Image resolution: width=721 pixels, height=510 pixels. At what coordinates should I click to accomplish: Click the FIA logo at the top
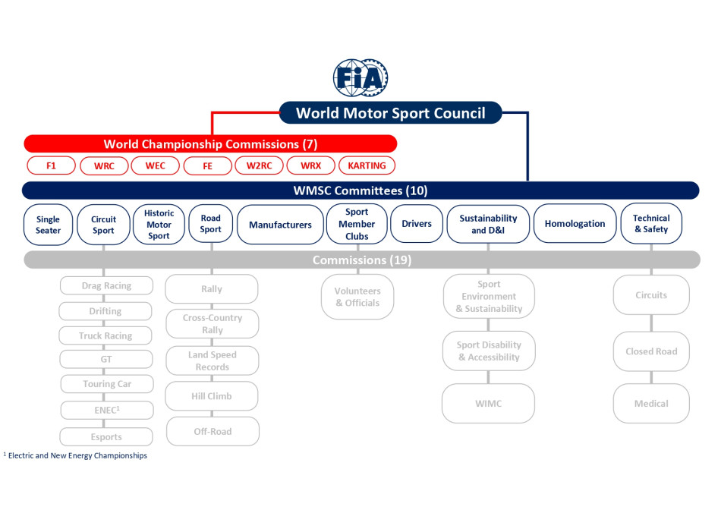pyautogui.click(x=361, y=77)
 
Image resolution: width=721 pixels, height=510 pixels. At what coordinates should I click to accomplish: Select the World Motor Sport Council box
pyautogui.click(x=390, y=113)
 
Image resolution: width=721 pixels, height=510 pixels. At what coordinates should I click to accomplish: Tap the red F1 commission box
pyautogui.click(x=51, y=165)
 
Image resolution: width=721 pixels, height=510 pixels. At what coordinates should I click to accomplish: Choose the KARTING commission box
pyautogui.click(x=367, y=165)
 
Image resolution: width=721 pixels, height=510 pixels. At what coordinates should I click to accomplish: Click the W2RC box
pyautogui.click(x=259, y=165)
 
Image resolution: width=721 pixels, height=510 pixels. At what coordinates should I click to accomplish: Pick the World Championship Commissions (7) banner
pyautogui.click(x=210, y=144)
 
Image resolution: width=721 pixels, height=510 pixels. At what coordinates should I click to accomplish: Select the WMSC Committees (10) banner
pyautogui.click(x=360, y=190)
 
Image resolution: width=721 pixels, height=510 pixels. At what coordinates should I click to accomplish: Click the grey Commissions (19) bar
pyautogui.click(x=360, y=260)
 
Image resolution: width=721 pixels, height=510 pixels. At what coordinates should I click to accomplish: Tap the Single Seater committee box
pyautogui.click(x=48, y=225)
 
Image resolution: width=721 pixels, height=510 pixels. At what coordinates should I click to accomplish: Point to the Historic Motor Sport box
pyautogui.click(x=159, y=225)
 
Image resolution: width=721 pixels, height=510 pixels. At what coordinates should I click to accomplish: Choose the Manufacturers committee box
pyautogui.click(x=280, y=225)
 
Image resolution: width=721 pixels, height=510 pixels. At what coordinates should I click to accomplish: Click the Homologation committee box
pyautogui.click(x=575, y=224)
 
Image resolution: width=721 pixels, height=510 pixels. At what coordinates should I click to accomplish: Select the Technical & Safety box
pyautogui.click(x=651, y=224)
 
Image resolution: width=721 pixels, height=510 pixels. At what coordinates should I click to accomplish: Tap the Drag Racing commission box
pyautogui.click(x=106, y=286)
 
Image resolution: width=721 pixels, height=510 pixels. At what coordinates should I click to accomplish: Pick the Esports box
pyautogui.click(x=106, y=437)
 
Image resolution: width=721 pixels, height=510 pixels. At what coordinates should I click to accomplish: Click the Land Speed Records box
pyautogui.click(x=213, y=361)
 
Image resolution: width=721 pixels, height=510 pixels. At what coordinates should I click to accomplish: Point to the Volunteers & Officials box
pyautogui.click(x=358, y=297)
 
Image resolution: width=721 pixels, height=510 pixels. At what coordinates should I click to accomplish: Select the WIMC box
pyautogui.click(x=488, y=404)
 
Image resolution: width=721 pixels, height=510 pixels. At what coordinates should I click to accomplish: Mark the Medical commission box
pyautogui.click(x=651, y=404)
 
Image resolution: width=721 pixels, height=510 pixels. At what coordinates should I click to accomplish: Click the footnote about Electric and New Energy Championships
pyautogui.click(x=76, y=456)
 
